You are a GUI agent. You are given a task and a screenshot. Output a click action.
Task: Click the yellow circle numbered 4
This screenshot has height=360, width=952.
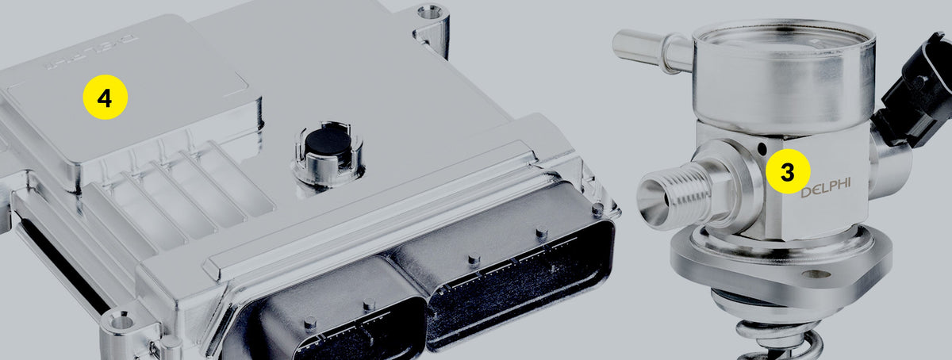[106, 97]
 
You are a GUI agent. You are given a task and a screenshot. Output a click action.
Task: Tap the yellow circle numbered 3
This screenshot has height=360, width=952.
[788, 171]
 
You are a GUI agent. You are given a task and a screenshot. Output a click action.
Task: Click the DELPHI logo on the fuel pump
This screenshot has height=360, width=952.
[826, 188]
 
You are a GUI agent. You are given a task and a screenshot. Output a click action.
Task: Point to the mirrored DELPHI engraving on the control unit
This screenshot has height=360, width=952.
[92, 52]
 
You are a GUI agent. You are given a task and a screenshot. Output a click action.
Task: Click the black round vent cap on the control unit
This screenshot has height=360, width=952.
[328, 141]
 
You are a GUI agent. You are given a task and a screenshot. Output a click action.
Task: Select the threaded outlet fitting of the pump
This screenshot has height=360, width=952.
[680, 197]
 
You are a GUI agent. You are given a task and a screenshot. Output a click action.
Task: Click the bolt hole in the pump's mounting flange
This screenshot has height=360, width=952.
[816, 274]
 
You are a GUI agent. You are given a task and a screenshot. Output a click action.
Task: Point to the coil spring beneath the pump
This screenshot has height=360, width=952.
[778, 341]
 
